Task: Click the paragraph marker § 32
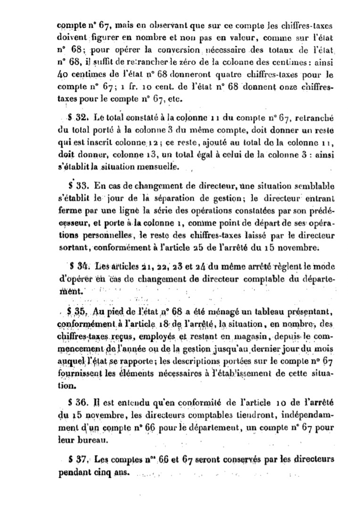pyautogui.click(x=75, y=117)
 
